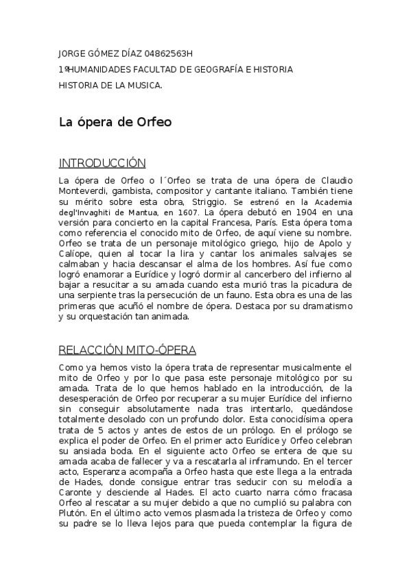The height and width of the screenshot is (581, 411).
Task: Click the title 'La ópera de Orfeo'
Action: click(115, 123)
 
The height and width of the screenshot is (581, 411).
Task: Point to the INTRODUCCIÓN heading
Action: click(102, 163)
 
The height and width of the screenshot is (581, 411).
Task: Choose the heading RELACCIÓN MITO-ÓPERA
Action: click(128, 350)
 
